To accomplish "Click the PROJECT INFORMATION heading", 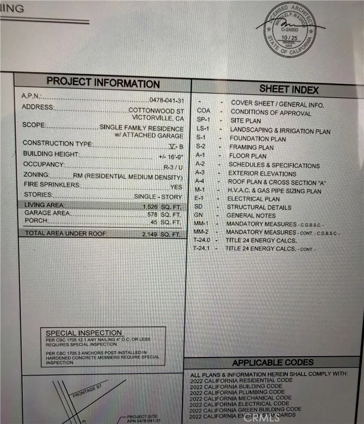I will coord(103,82).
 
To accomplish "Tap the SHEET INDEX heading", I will coord(289,89).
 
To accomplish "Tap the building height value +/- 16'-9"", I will coord(170,157).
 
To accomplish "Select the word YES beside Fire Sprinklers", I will coord(176,187).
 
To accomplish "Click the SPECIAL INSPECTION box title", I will coord(84,333).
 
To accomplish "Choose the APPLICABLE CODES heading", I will coord(273,363).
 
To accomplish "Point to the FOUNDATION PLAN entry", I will coord(257,139).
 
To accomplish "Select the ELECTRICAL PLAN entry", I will coord(253,199).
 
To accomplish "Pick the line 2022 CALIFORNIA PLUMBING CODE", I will coord(237,392).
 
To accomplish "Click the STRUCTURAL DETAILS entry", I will coord(259,207).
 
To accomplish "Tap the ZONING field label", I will coord(37,175).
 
